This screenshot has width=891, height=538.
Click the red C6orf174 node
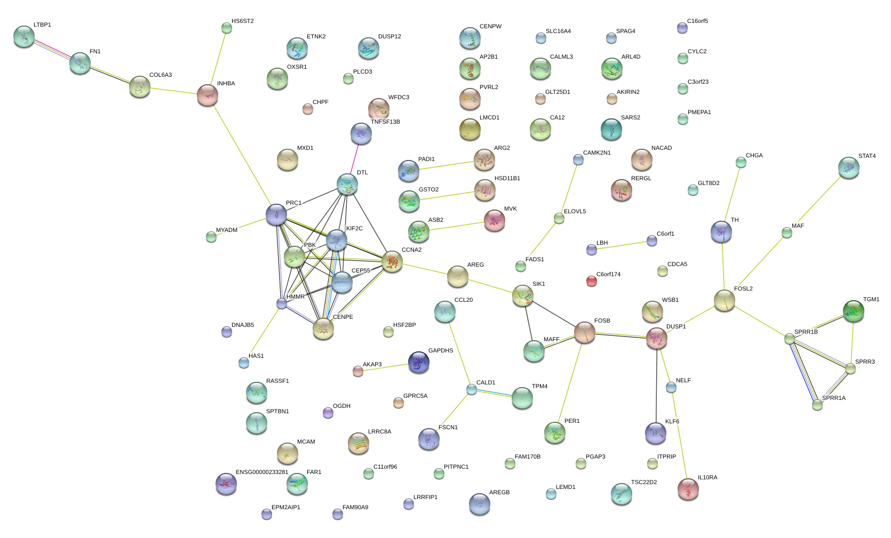591,281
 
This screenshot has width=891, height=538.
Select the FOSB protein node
585,333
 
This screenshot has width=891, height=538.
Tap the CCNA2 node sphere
392,262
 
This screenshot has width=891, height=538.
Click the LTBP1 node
24,36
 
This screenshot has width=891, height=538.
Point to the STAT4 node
848,168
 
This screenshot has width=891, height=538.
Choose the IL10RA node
688,489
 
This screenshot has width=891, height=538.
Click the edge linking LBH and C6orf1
622,245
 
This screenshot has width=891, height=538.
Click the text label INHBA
226,84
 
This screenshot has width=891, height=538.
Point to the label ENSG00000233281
261,472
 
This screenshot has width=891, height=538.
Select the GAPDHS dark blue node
418,363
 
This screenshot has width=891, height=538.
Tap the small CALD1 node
472,389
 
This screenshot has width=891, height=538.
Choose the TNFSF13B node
361,134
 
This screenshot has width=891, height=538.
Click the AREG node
457,276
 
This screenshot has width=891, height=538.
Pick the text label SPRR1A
833,398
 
